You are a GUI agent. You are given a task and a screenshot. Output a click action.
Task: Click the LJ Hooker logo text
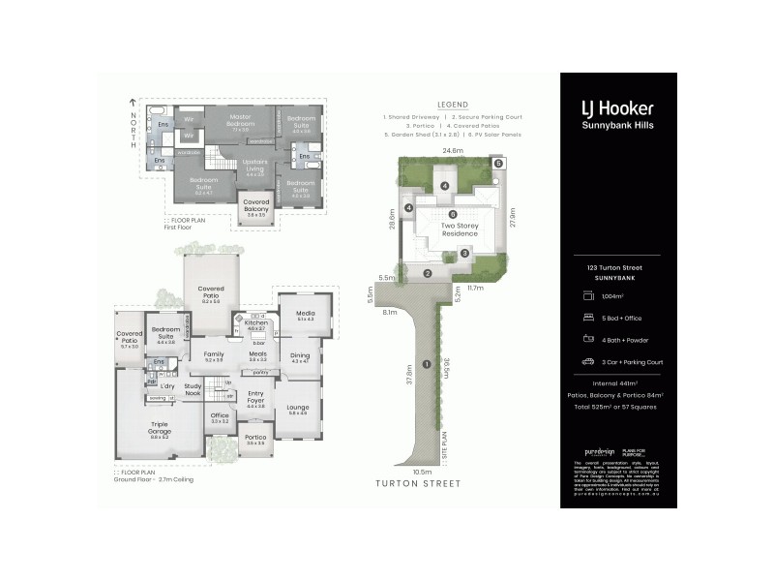[615, 109]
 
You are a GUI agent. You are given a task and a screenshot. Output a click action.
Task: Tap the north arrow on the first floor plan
[133, 102]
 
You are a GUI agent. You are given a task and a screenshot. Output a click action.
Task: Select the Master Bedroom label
[240, 121]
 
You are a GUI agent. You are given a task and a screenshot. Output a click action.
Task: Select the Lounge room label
[297, 407]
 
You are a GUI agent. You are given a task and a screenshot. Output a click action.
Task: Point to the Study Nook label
[193, 389]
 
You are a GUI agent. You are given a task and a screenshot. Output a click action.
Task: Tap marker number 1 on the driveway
[426, 364]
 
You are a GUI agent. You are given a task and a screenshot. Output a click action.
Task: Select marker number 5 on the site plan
[498, 164]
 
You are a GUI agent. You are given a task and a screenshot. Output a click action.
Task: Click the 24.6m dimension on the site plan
[451, 151]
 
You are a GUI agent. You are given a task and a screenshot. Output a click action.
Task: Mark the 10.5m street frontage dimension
[422, 472]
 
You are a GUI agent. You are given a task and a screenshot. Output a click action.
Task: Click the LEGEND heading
[452, 104]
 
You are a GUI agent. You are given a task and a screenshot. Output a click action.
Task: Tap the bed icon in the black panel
[587, 317]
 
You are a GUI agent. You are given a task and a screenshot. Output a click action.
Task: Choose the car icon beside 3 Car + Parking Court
[587, 361]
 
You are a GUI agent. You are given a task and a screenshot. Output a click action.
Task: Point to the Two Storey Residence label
[460, 229]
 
